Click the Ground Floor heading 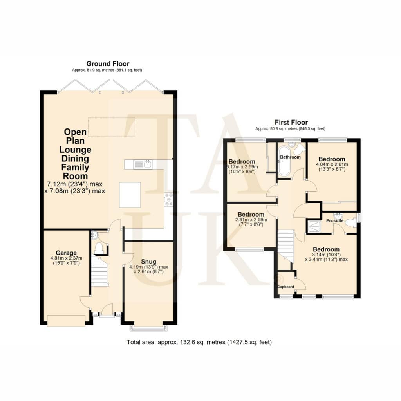pyautogui.click(x=108, y=64)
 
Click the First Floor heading pyautogui.click(x=291, y=122)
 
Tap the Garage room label pyautogui.click(x=66, y=253)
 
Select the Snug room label pyautogui.click(x=148, y=262)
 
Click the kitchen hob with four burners pyautogui.click(x=168, y=200)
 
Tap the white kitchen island pyautogui.click(x=130, y=195)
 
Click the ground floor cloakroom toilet pyautogui.click(x=98, y=248)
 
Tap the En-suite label pyautogui.click(x=335, y=221)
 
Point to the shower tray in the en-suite pyautogui.click(x=314, y=226)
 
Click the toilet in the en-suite pyautogui.click(x=350, y=222)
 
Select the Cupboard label pyautogui.click(x=285, y=287)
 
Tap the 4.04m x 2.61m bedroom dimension pyautogui.click(x=332, y=164)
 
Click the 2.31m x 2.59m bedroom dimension pyautogui.click(x=251, y=220)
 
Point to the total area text pyautogui.click(x=199, y=342)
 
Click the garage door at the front pyautogui.click(x=66, y=321)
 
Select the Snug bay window pyautogui.click(x=148, y=329)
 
